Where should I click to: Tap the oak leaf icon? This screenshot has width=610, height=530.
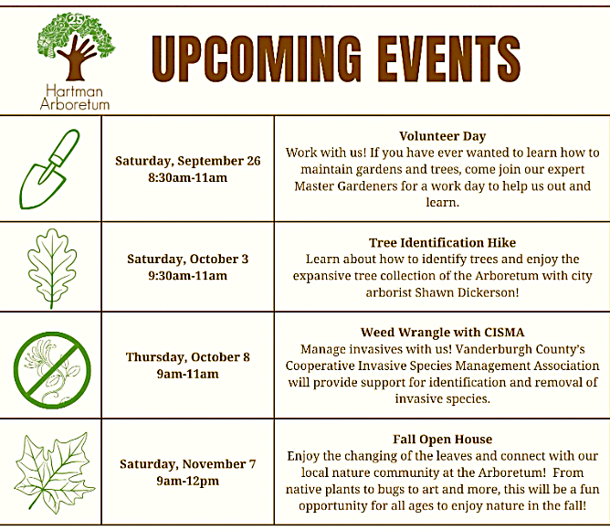52,269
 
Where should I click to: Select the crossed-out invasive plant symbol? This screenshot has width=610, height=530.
52,370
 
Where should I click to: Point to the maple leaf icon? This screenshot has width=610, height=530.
54,472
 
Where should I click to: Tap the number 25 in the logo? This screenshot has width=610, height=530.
75,19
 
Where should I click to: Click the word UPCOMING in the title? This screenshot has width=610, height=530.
257,58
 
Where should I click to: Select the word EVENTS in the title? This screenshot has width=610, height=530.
449,58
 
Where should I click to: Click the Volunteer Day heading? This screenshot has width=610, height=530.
442,136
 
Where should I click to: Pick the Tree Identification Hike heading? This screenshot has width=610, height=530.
442,242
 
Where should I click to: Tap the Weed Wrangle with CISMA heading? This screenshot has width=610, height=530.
442,333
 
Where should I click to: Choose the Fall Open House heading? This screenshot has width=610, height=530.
442,440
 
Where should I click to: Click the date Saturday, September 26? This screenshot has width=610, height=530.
187,161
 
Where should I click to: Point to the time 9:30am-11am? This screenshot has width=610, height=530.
187,276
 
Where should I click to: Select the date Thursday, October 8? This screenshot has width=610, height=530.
187,357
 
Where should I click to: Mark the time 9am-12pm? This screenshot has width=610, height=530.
187,481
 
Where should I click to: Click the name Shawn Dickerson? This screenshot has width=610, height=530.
467,292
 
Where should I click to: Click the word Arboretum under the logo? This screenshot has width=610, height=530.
75,104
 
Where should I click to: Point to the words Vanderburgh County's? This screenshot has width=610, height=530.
520,349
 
